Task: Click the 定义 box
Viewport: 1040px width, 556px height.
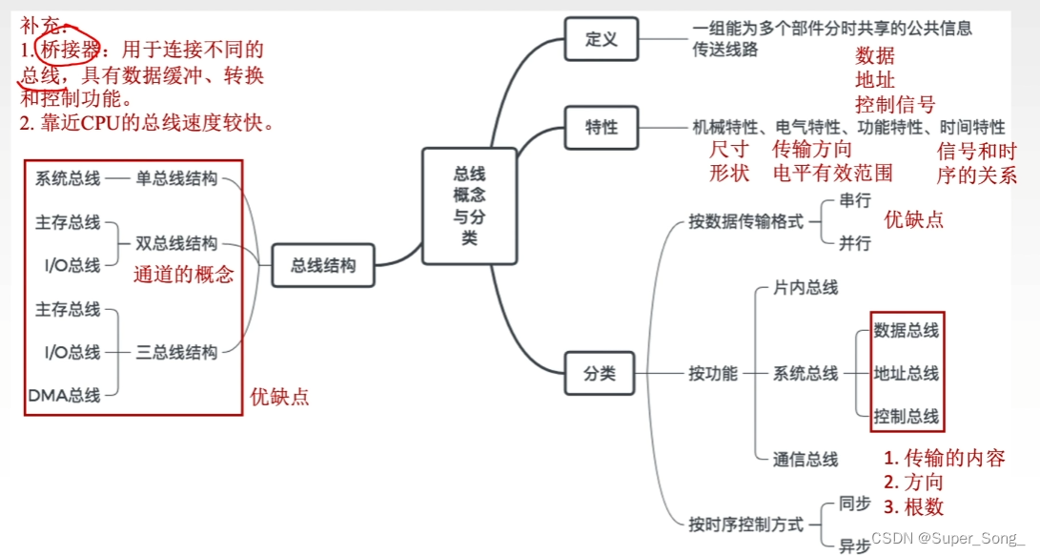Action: pyautogui.click(x=602, y=40)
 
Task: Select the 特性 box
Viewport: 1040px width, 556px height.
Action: pyautogui.click(x=602, y=127)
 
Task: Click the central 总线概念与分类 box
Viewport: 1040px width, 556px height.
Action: pyautogui.click(x=469, y=206)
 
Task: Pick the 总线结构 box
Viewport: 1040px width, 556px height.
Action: pyautogui.click(x=323, y=266)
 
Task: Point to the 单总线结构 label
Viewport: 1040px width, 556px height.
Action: pyautogui.click(x=176, y=178)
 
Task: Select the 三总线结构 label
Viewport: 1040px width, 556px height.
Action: pyautogui.click(x=176, y=353)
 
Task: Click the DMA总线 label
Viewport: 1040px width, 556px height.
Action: pyautogui.click(x=65, y=395)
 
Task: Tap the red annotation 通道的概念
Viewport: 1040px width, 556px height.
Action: pyautogui.click(x=183, y=275)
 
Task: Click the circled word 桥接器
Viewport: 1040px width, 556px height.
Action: pyautogui.click(x=71, y=50)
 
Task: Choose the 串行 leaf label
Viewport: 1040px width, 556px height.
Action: pyautogui.click(x=854, y=200)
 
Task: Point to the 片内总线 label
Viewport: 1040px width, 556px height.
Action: pyautogui.click(x=805, y=287)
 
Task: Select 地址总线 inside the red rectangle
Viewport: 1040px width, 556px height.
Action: pyautogui.click(x=906, y=373)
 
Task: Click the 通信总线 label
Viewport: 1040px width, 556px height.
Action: pyautogui.click(x=805, y=459)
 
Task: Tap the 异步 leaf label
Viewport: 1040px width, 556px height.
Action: pyautogui.click(x=854, y=546)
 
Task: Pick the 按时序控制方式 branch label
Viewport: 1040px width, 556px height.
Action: pyautogui.click(x=746, y=524)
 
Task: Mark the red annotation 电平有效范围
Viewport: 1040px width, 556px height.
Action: pyautogui.click(x=833, y=173)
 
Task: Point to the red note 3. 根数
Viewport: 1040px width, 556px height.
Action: pyautogui.click(x=913, y=506)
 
